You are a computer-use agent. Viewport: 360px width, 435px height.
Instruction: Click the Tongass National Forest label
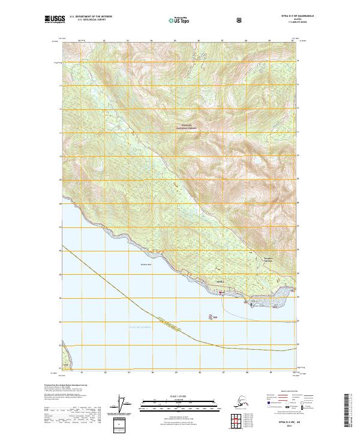point(186,127)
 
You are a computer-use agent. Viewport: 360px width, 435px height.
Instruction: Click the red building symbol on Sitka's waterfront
point(220,292)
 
